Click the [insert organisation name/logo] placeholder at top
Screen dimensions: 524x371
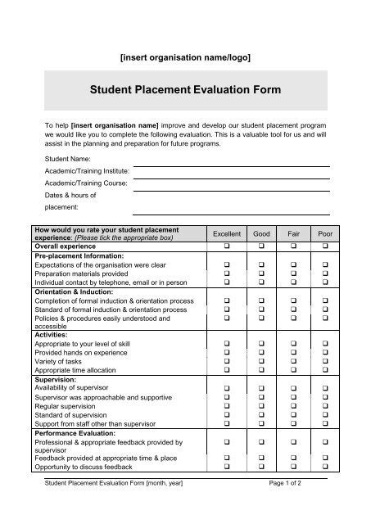pyautogui.click(x=185, y=56)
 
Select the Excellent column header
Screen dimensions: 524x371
pyautogui.click(x=226, y=233)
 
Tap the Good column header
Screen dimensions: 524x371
pyautogui.click(x=262, y=233)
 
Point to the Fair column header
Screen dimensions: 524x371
pyautogui.click(x=293, y=233)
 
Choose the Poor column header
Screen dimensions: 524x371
pyautogui.click(x=325, y=233)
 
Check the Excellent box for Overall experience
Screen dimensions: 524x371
pyautogui.click(x=226, y=246)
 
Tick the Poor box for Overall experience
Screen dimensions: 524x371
pyautogui.click(x=325, y=246)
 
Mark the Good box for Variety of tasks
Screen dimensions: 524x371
pyautogui.click(x=262, y=361)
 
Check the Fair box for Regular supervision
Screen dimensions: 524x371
pyautogui.click(x=293, y=406)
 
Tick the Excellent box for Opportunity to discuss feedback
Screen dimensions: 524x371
pyautogui.click(x=226, y=466)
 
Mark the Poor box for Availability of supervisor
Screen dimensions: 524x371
pyautogui.click(x=325, y=387)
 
